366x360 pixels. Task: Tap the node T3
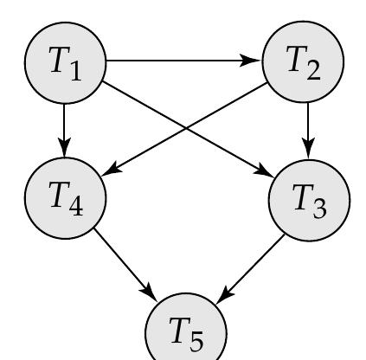tap(309, 200)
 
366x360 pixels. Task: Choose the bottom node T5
tap(185, 330)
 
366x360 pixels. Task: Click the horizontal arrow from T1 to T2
tap(182, 62)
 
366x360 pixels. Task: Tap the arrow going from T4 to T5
tap(125, 260)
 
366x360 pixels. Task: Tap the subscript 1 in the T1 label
tap(76, 71)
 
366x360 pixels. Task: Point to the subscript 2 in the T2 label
tap(315, 71)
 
